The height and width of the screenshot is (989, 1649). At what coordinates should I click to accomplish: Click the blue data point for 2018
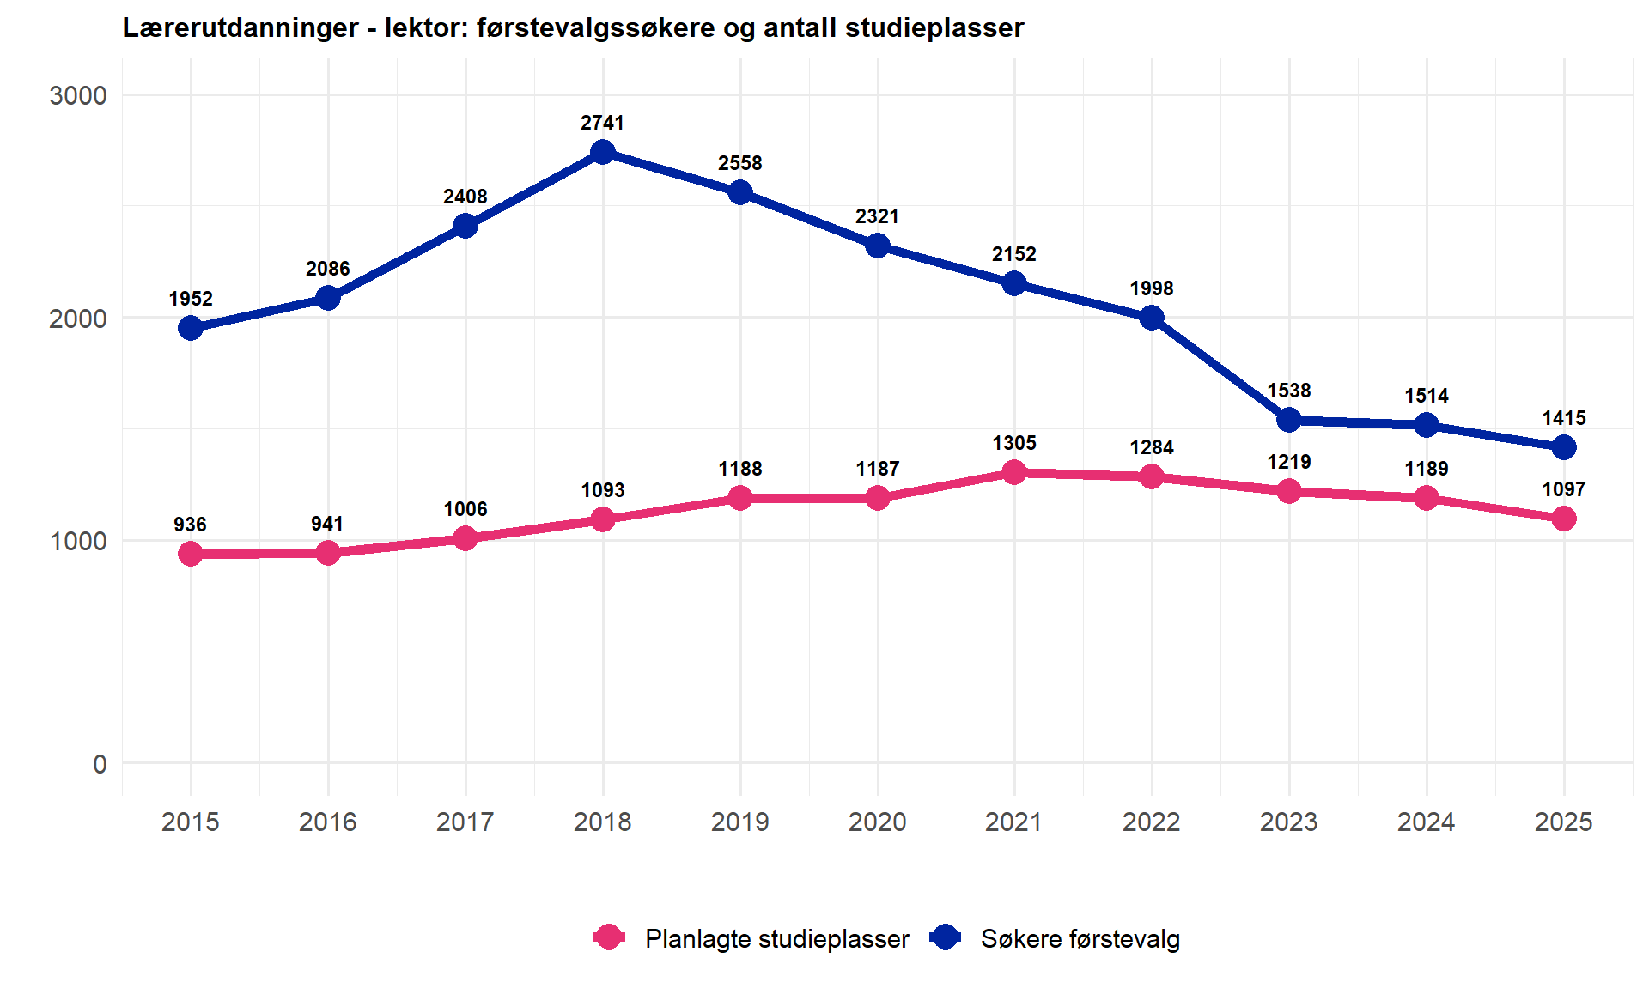pos(603,153)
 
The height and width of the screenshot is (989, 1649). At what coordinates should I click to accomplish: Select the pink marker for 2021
pos(1014,472)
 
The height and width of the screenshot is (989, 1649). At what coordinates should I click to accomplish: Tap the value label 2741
pos(602,123)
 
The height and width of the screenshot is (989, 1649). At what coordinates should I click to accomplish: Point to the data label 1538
pos(1288,391)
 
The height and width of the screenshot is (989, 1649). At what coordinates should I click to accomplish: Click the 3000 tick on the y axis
pos(78,95)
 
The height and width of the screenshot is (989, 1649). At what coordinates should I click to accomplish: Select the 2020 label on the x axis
pos(877,822)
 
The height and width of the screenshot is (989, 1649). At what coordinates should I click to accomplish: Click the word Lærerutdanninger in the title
pos(240,27)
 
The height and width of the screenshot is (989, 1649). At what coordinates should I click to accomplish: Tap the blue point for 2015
pos(191,328)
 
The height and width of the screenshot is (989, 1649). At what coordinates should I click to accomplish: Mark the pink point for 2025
pos(1563,519)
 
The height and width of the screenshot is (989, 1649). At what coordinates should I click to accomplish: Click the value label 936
pos(190,525)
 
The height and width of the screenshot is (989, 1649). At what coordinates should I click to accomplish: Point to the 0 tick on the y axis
pos(100,763)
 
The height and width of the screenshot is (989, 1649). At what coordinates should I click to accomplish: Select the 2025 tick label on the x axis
pos(1563,822)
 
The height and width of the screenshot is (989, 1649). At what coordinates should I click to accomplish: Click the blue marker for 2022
pos(1152,318)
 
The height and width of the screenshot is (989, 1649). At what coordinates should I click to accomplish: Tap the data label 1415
pos(1563,418)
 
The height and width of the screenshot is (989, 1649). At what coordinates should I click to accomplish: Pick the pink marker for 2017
pos(465,538)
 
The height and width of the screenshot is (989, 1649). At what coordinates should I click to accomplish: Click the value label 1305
pos(1014,443)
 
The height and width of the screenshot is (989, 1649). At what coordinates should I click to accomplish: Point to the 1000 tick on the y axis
pos(78,541)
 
